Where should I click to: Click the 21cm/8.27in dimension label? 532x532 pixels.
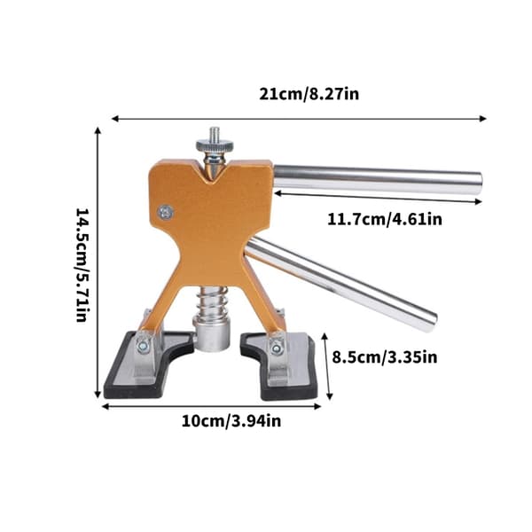[309, 94]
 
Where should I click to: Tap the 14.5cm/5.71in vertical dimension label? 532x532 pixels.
[82, 265]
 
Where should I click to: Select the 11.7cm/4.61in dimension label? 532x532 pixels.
[385, 219]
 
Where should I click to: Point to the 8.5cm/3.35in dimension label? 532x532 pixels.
[385, 357]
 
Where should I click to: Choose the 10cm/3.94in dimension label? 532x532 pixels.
[231, 421]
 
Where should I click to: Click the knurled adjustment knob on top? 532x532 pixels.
[215, 146]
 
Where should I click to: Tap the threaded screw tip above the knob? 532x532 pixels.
[215, 134]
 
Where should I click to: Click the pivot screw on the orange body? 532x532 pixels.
[166, 213]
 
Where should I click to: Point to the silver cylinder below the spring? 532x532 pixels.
[212, 332]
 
